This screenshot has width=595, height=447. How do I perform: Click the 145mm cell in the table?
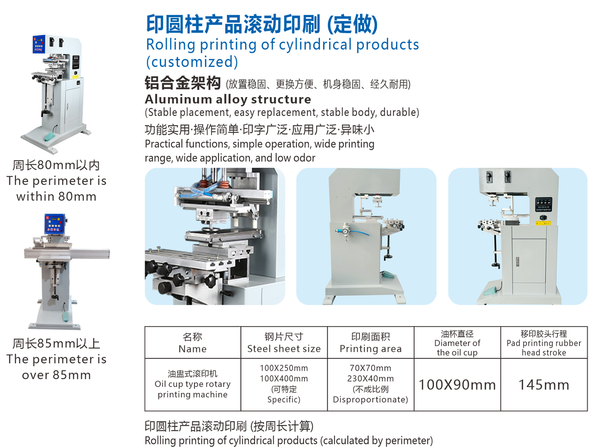pos(544,385)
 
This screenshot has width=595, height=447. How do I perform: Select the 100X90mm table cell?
pos(457,385)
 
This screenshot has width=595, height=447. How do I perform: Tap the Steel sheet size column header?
pos(284,343)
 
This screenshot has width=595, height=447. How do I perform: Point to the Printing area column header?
pos(370,343)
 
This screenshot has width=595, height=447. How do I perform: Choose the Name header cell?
pos(193,343)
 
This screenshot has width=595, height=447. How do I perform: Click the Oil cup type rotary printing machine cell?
pos(193,385)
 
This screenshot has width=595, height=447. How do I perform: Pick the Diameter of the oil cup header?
pos(457,343)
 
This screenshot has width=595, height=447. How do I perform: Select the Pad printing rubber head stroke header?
pos(544,343)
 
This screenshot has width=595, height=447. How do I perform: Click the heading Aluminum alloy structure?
pos(228,100)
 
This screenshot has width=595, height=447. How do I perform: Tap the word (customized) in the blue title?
pos(192,62)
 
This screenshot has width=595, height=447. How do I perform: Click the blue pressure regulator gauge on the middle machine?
pos(344,232)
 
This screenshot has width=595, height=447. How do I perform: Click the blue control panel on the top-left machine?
pos(39,44)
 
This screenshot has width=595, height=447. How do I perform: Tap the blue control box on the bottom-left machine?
pos(55,223)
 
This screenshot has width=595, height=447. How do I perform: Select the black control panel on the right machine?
pos(544,205)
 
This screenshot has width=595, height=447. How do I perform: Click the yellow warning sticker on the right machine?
pos(543,223)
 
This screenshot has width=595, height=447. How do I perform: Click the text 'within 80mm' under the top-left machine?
pos(57,196)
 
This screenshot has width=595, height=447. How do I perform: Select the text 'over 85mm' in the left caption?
pos(57,375)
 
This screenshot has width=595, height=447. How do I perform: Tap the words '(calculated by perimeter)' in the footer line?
pos(376,441)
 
